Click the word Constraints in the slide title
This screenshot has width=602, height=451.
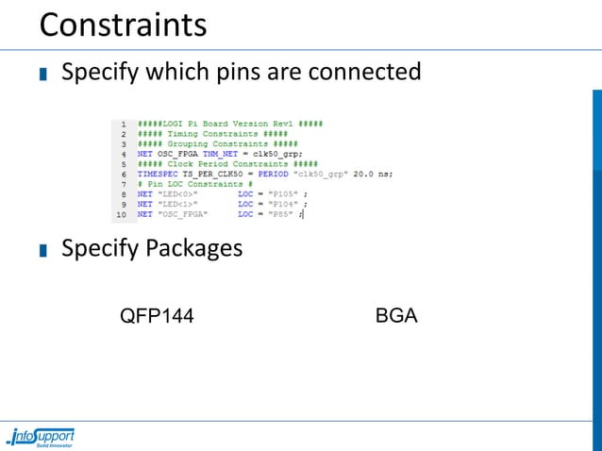123,24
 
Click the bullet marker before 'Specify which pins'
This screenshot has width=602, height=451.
43,74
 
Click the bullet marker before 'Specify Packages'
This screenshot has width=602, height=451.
43,251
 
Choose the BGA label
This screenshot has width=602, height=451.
396,315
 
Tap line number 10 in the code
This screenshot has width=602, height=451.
120,215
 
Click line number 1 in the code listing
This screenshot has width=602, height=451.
123,124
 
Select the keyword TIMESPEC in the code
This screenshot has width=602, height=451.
154,175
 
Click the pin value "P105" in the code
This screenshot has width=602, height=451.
284,194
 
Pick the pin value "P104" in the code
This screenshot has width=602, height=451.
284,205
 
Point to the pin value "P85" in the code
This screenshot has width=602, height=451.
282,215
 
